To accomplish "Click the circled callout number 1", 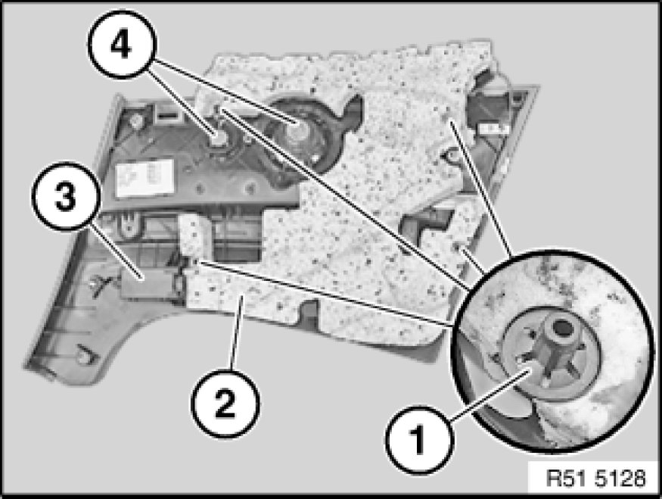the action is [419, 440].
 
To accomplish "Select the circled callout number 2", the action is [225, 404].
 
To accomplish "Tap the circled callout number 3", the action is [65, 196].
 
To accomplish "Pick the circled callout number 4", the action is [122, 45].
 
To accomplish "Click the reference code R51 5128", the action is [595, 479].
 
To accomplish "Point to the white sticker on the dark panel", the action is [145, 177].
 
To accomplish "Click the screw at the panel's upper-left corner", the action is [135, 122].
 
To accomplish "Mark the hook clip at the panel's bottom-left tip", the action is [85, 355].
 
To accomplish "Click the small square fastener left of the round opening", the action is [219, 138].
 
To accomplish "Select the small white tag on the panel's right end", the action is [491, 129].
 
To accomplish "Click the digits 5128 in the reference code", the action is [620, 479].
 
